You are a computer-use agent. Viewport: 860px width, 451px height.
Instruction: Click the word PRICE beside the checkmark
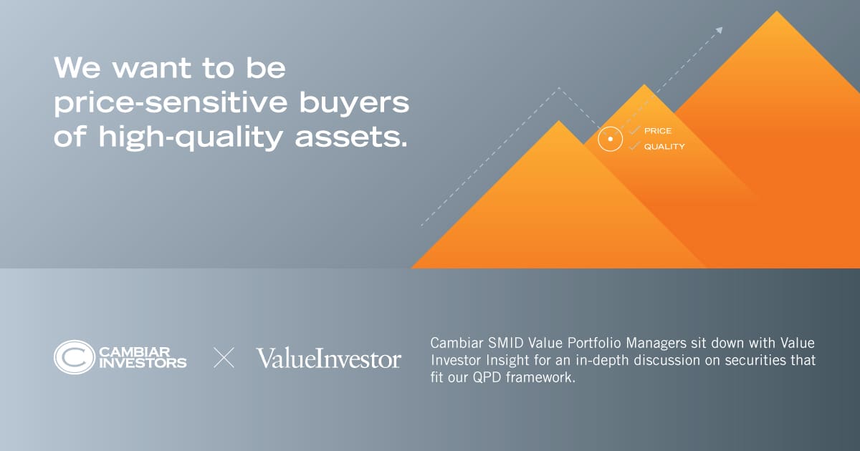pos(658,131)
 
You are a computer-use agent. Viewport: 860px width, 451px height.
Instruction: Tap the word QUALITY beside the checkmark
pos(664,147)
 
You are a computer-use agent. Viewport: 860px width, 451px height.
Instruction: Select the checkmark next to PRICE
pos(635,130)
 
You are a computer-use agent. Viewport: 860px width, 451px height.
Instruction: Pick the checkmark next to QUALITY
pos(635,146)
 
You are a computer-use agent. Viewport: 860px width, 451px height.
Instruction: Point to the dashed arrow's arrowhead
pos(720,30)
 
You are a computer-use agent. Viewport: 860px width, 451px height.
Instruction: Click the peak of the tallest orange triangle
pos(777,11)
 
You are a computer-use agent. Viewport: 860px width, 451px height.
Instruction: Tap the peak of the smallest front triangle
pos(559,121)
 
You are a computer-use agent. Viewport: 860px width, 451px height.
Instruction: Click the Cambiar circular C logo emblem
pos(74,357)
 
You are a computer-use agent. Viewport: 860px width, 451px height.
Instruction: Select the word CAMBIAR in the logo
pos(135,351)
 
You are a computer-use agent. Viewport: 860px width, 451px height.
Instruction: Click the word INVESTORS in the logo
pos(143,363)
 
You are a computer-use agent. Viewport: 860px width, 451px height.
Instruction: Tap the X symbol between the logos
pos(224,358)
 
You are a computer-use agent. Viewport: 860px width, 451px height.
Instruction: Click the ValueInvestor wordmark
pos(329,358)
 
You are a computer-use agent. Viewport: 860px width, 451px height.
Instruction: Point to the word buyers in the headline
pos(354,104)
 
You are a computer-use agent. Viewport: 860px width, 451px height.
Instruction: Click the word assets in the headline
pos(351,137)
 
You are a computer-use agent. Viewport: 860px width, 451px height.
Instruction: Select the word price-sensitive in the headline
pos(171,103)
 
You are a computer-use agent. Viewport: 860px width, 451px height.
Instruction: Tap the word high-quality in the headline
pos(191,137)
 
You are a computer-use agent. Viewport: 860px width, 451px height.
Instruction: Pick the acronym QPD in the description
pos(487,377)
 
